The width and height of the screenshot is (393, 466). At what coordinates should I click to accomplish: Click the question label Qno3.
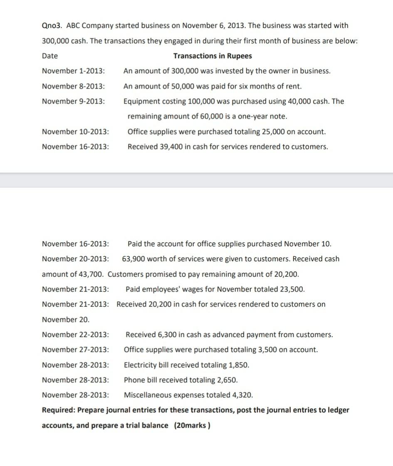click(x=51, y=26)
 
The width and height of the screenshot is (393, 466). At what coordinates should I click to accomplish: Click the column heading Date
click(x=50, y=56)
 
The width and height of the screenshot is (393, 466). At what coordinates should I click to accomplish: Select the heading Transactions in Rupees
click(x=213, y=56)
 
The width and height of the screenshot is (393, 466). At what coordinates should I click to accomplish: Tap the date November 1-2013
click(x=74, y=71)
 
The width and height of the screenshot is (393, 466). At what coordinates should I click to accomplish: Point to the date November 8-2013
click(x=74, y=87)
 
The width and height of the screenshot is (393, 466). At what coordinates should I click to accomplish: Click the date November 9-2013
click(x=74, y=102)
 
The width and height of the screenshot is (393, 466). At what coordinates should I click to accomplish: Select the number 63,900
click(x=133, y=259)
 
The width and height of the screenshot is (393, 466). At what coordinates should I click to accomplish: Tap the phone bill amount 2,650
click(x=227, y=380)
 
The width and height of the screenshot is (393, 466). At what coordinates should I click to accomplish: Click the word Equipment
click(x=141, y=102)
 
